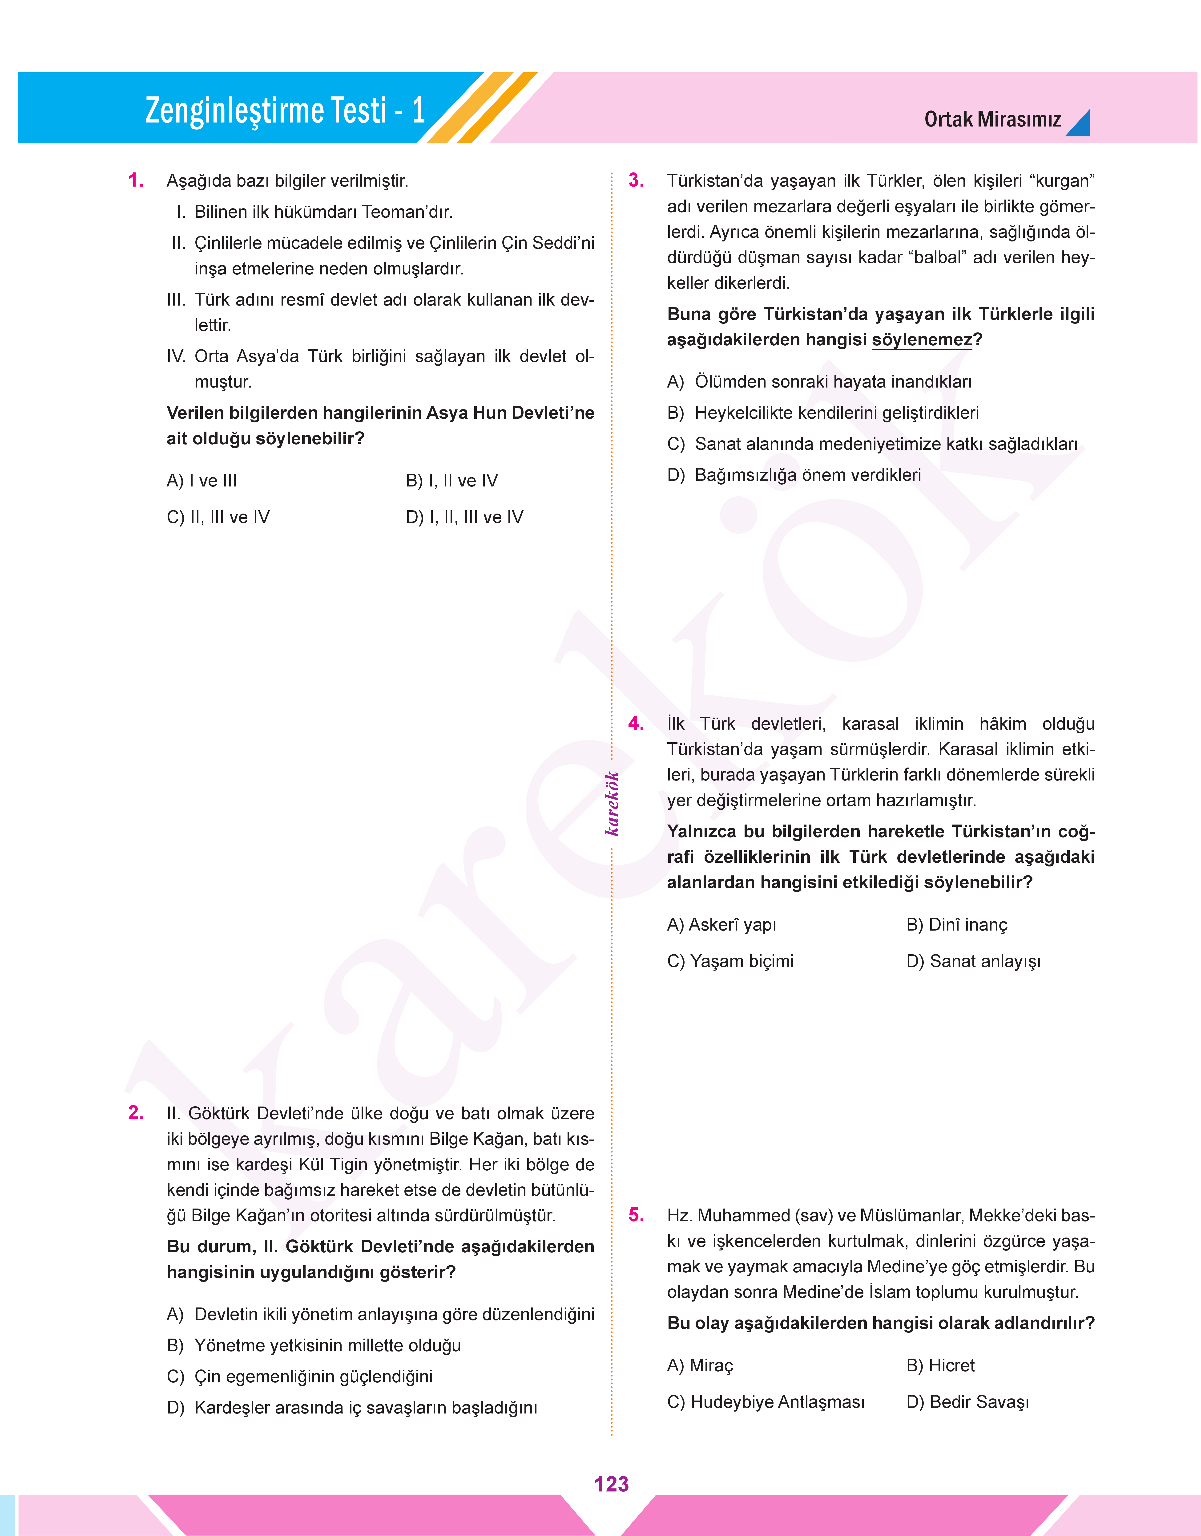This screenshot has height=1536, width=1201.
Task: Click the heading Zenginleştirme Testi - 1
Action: [285, 110]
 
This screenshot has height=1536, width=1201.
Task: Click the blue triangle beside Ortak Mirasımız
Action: [1079, 125]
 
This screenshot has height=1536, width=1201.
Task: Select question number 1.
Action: [136, 181]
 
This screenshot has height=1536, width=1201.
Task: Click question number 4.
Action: [636, 723]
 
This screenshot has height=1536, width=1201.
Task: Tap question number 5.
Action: [636, 1215]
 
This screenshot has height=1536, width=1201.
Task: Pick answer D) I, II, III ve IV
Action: [464, 517]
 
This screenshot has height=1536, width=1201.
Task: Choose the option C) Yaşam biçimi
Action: [730, 961]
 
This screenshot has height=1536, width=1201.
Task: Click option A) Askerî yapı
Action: [721, 925]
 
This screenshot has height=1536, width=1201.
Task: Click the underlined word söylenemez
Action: [922, 340]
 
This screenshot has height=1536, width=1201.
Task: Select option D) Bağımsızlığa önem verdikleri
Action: [794, 475]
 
